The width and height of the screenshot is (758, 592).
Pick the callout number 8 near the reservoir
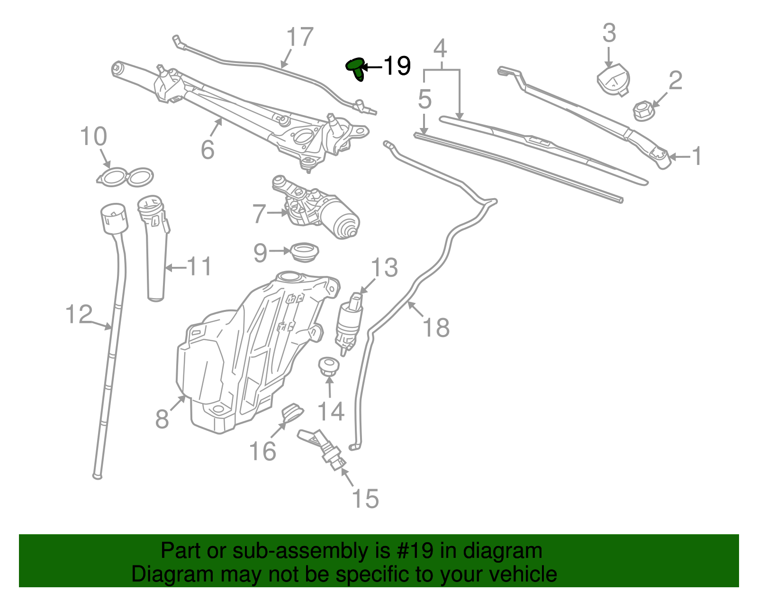click(x=162, y=419)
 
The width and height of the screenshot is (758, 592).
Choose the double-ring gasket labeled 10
click(x=125, y=177)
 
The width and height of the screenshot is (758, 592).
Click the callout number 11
click(x=199, y=267)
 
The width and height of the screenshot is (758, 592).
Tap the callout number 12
click(x=79, y=314)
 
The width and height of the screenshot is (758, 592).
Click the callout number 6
click(x=208, y=149)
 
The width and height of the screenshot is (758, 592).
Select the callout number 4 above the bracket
click(x=440, y=48)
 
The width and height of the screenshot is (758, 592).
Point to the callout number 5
click(x=424, y=100)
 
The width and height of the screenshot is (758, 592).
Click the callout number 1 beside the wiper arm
click(x=696, y=156)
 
